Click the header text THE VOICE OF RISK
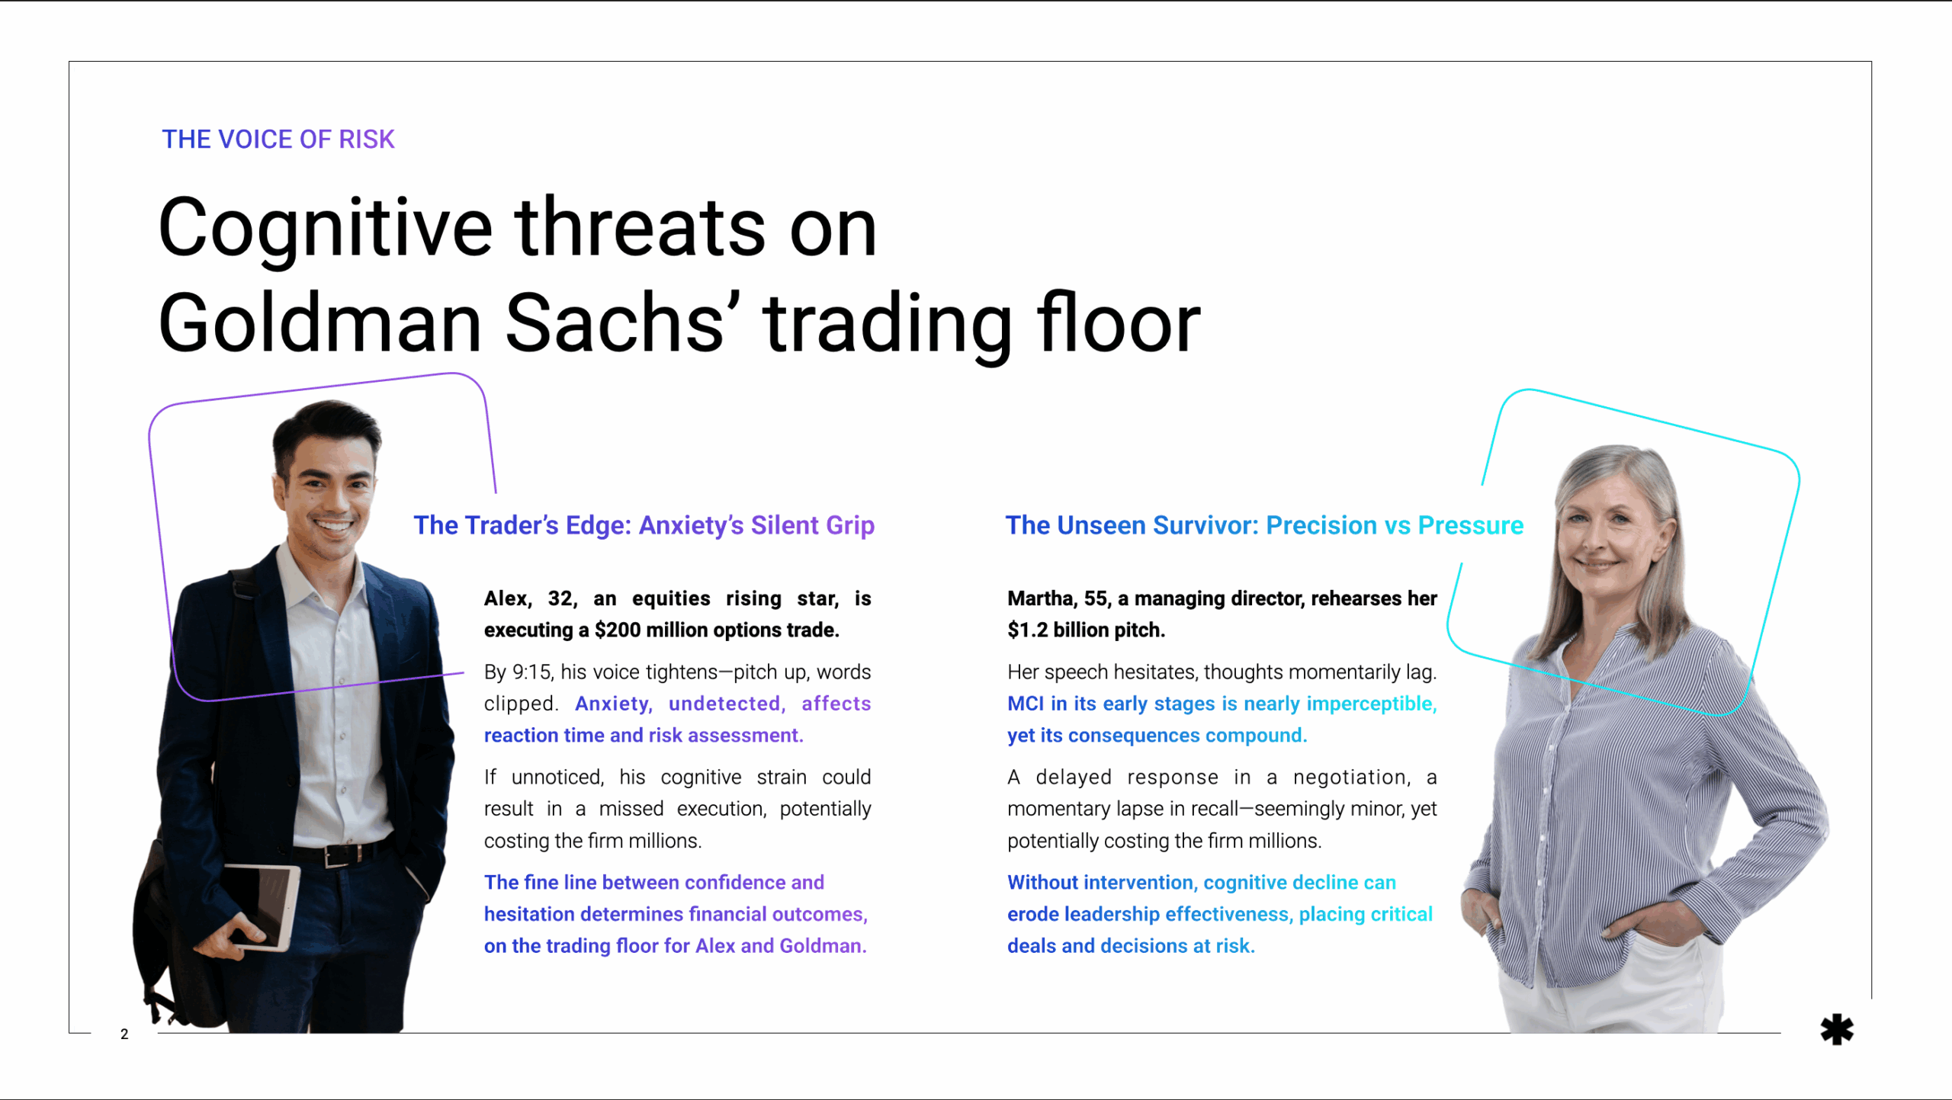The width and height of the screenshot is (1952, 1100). pyautogui.click(x=278, y=140)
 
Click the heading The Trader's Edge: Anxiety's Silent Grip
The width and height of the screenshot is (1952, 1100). pyautogui.click(x=644, y=525)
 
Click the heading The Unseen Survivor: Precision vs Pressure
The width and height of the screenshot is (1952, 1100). pyautogui.click(x=1263, y=525)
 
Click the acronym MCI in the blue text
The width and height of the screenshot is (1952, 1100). pyautogui.click(x=1025, y=704)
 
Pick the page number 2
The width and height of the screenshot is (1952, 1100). pyautogui.click(x=124, y=1034)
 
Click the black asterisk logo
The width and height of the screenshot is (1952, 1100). pyautogui.click(x=1836, y=1030)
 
